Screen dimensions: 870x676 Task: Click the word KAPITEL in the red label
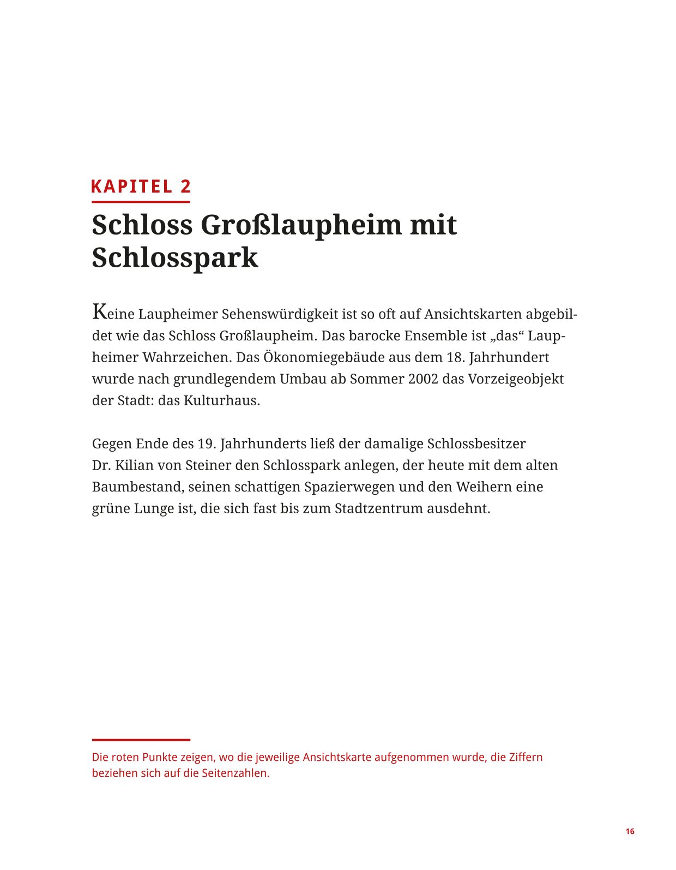pos(131,187)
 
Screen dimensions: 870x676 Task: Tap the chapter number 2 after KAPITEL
pos(186,187)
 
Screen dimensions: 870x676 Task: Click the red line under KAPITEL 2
pos(141,202)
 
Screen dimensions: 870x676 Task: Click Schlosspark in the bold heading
pos(174,257)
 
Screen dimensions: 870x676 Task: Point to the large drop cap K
pos(99,312)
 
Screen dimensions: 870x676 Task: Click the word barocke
pos(375,336)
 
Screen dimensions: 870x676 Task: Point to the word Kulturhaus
pos(221,401)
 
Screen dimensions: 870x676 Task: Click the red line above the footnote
pos(141,740)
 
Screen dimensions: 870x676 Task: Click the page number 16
pos(630,832)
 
